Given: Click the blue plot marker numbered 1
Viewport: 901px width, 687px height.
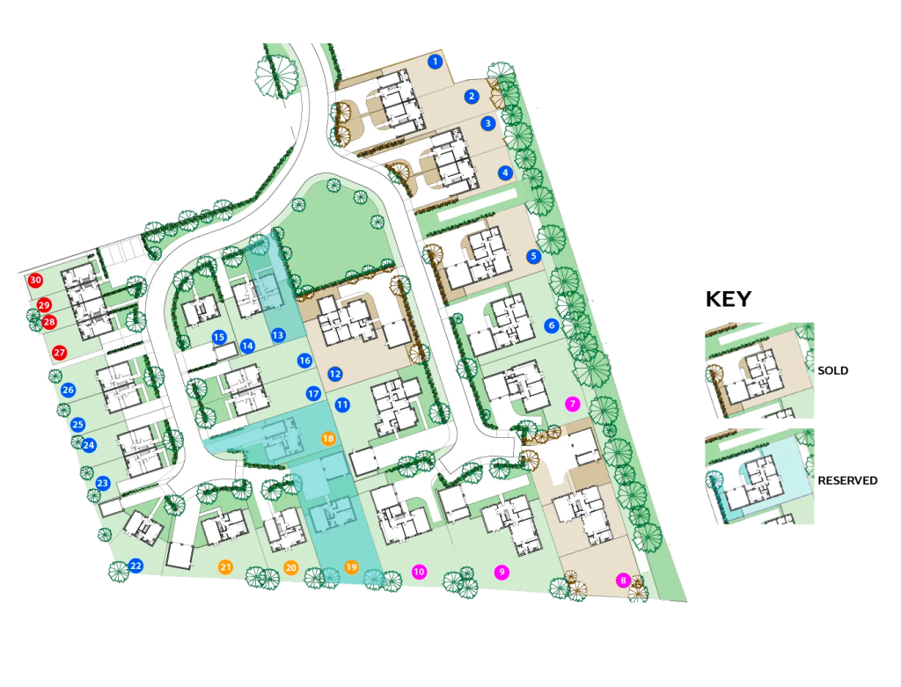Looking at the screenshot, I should click(434, 62).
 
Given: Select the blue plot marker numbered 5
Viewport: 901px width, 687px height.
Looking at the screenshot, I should click(532, 257).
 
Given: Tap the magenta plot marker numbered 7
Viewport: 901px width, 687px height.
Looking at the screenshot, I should click(572, 404).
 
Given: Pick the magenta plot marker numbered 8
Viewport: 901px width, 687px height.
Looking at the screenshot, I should click(623, 581).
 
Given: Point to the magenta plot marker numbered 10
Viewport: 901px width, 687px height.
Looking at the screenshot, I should click(419, 572).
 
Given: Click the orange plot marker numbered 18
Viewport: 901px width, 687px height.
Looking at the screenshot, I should click(328, 438).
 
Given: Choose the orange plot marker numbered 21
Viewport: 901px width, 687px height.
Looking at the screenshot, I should click(225, 567).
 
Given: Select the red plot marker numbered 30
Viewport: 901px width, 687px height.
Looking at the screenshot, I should click(35, 280).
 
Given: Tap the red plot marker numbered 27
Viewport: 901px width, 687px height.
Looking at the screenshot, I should click(59, 353).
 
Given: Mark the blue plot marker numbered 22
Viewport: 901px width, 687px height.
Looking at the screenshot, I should click(136, 566).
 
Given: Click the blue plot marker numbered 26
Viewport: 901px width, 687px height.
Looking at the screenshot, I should click(68, 390).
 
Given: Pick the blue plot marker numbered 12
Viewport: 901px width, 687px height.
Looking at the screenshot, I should click(334, 374).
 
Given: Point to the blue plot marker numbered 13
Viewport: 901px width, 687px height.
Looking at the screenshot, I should click(277, 335).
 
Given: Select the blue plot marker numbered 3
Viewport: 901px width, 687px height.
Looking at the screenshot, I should click(488, 123).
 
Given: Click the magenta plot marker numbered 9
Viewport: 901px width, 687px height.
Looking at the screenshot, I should click(502, 572).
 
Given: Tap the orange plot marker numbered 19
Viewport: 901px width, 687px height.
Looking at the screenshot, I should click(351, 566).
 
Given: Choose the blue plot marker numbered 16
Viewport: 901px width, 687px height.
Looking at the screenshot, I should click(304, 361).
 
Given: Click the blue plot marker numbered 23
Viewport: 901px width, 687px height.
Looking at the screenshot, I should click(102, 483).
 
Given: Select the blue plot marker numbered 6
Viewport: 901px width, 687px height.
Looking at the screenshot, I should click(551, 325).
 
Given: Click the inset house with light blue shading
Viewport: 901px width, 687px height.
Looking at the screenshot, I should click(759, 476).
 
